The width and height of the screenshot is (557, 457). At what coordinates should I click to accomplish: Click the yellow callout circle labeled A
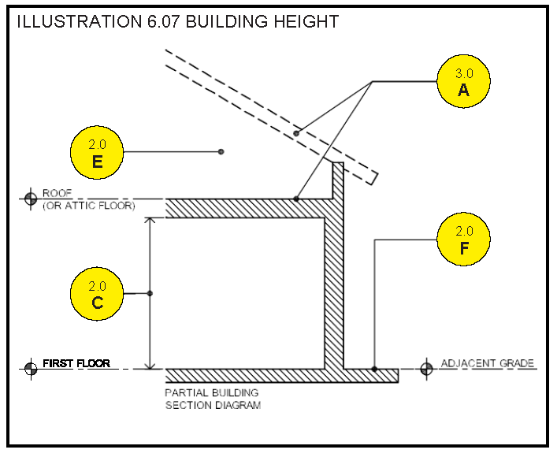pos(463,82)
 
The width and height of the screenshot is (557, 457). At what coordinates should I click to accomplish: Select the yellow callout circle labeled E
pos(98,153)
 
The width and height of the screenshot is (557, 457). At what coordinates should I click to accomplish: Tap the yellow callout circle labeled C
pos(98,294)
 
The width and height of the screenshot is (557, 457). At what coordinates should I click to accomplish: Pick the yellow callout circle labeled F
pos(463,240)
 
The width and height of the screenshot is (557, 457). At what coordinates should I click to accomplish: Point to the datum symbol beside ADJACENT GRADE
pos(427,367)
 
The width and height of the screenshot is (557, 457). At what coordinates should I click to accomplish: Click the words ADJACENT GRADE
pos(487,363)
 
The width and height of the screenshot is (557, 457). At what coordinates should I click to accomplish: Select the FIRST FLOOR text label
pos(76,363)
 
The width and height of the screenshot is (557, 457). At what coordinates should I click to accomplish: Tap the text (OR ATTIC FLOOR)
pos(88,206)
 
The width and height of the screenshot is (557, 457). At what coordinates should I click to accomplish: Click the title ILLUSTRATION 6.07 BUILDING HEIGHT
pos(178,21)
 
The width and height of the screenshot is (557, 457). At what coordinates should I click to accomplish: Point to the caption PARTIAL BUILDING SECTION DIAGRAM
pos(212,399)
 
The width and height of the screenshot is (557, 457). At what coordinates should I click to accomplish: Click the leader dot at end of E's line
pos(221,151)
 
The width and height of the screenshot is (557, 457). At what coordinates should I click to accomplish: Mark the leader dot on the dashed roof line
pos(296,133)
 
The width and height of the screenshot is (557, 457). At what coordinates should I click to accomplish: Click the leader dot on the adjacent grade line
pos(375,368)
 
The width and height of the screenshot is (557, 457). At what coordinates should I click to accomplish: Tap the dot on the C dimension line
pos(150,293)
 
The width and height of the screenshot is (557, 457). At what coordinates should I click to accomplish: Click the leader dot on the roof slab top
pos(295,199)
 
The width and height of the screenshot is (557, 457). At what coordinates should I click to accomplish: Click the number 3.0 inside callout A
pos(463,73)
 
